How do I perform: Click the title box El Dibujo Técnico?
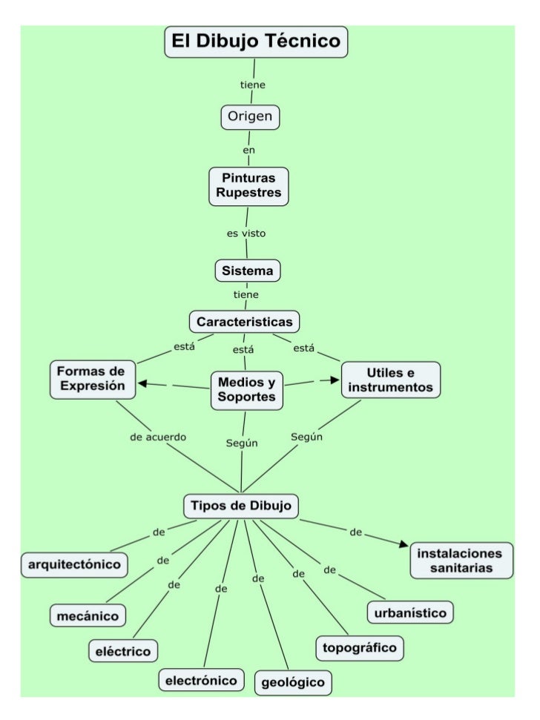(256, 42)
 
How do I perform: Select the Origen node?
(250, 117)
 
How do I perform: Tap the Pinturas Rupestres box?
(248, 185)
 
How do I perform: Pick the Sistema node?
(248, 271)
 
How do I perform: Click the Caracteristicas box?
(244, 323)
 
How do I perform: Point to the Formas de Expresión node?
(93, 378)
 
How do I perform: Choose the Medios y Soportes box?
(247, 390)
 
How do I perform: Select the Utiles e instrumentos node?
(390, 379)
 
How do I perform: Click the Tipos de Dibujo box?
(241, 506)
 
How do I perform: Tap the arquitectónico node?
(74, 564)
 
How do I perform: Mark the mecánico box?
(88, 615)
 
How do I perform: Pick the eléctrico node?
(123, 651)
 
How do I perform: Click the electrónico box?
(200, 679)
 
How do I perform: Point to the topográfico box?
(360, 647)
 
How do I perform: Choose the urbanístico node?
(410, 612)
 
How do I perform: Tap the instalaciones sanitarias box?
(461, 561)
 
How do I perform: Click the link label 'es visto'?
(246, 234)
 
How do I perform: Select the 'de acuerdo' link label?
(158, 437)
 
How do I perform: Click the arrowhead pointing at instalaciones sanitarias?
(404, 545)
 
